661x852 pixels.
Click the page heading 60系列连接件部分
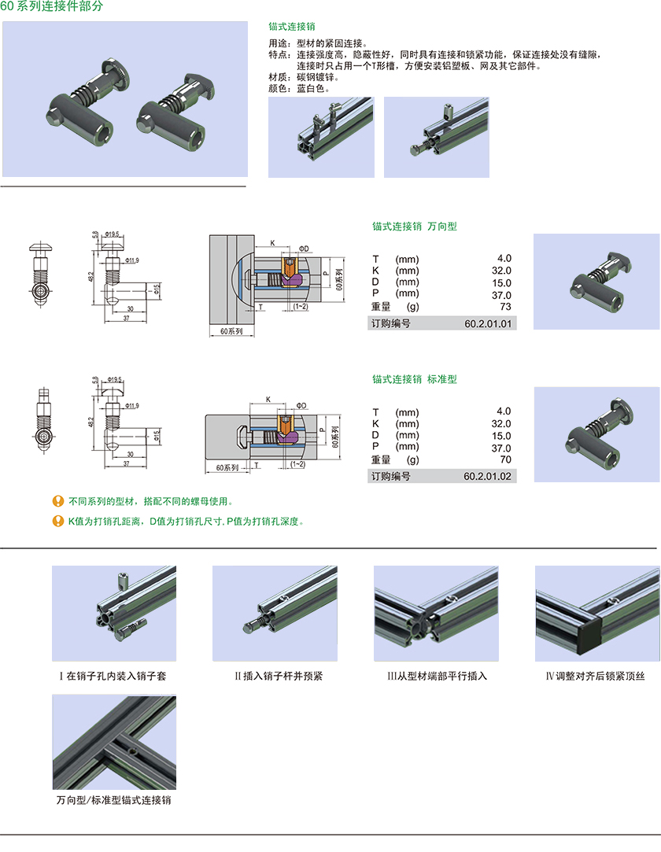point(51,6)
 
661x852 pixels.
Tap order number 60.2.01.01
point(487,323)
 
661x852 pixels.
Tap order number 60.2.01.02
point(487,476)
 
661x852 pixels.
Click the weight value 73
point(505,306)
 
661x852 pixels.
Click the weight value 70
point(505,459)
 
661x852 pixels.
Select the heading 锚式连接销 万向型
point(414,227)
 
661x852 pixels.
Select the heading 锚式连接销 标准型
point(414,379)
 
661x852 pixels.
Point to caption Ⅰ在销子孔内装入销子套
point(113,676)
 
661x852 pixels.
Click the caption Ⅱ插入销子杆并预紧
point(274,676)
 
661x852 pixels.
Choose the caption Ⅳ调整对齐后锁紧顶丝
point(596,676)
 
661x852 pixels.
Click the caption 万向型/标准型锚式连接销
point(113,800)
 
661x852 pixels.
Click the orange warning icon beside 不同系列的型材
point(57,501)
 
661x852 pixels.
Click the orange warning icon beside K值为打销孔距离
point(57,521)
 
